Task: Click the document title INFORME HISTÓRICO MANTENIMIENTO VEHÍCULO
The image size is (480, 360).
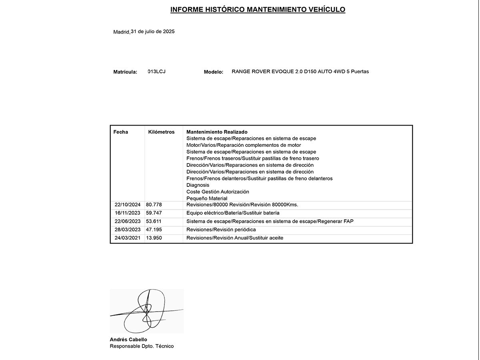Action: click(x=258, y=10)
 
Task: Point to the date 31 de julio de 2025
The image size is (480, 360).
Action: click(x=152, y=32)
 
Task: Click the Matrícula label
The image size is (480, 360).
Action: click(x=125, y=72)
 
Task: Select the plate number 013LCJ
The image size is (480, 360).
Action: click(x=156, y=72)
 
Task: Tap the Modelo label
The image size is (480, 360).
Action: click(x=214, y=72)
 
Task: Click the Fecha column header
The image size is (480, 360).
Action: click(x=121, y=132)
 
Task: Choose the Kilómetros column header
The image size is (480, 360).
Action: click(x=161, y=132)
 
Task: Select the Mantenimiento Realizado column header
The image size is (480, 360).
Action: click(x=217, y=132)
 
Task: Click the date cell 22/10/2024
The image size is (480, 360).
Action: click(x=128, y=205)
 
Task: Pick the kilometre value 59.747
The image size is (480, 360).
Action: click(x=154, y=213)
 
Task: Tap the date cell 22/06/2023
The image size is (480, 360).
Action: click(x=128, y=221)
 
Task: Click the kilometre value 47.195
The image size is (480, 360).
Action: click(x=154, y=230)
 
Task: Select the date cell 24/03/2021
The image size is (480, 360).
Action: click(x=128, y=238)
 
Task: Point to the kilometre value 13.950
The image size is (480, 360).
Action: click(x=154, y=238)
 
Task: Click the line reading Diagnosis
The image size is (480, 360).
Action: click(x=198, y=185)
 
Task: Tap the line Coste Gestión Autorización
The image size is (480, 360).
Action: click(x=218, y=192)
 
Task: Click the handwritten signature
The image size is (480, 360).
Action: click(x=146, y=311)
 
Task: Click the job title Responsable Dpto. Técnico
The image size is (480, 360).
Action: click(x=142, y=346)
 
